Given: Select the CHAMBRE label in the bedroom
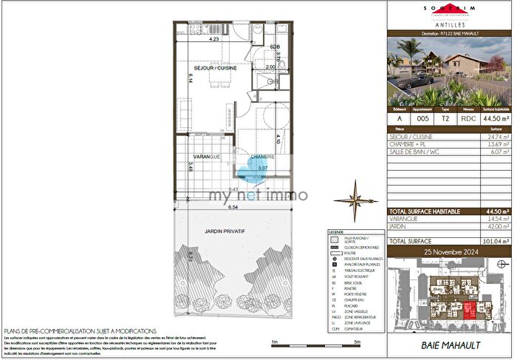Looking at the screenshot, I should (x=262, y=157).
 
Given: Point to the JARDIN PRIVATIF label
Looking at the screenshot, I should (x=225, y=231).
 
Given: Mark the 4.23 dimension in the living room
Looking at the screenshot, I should (x=214, y=39).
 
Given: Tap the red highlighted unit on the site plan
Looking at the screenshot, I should (x=470, y=311).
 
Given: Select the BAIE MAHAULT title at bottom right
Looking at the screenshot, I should (x=450, y=345).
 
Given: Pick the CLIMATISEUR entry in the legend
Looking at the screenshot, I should (x=357, y=330).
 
